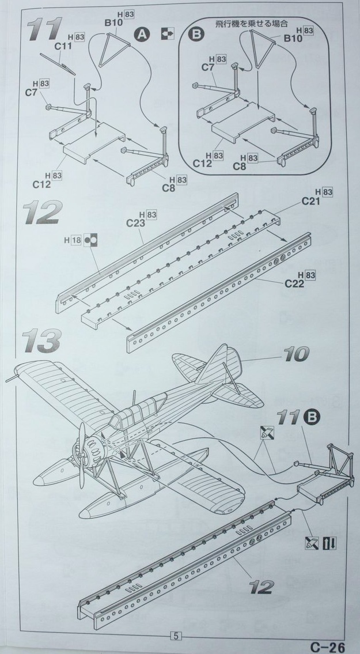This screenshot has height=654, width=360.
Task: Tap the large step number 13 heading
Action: [x=41, y=341]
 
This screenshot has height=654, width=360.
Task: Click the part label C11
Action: [x=63, y=45]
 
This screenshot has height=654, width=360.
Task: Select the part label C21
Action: [x=311, y=201]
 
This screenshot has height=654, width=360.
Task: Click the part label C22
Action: [x=295, y=283]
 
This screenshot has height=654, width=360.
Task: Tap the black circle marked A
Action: [x=141, y=35]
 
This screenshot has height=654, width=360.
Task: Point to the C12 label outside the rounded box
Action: [x=41, y=184]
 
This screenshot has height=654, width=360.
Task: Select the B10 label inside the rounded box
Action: [x=293, y=39]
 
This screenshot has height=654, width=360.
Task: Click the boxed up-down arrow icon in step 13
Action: [x=329, y=542]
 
